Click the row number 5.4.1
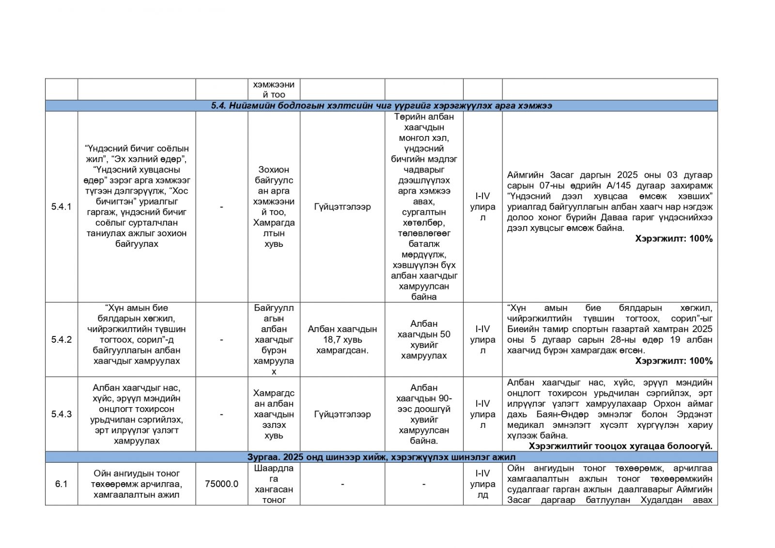tap(61, 207)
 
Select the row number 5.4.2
tap(61, 339)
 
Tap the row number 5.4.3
tap(61, 414)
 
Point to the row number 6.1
tap(61, 484)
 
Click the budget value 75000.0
tap(221, 484)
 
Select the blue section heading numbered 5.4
tap(381, 106)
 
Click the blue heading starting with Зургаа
tap(381, 457)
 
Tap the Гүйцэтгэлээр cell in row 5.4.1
tap(342, 207)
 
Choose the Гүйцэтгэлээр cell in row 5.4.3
tap(342, 414)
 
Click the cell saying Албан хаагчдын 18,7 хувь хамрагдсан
tap(342, 339)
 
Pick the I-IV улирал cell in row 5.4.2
tap(482, 339)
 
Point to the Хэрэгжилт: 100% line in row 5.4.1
tap(674, 239)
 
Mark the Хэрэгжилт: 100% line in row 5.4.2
tap(674, 361)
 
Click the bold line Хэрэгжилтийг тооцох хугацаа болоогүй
tap(620, 446)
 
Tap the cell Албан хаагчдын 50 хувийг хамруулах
tap(424, 339)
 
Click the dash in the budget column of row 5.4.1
tap(221, 207)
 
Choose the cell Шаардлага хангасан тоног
tap(274, 484)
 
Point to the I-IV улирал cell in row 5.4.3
tap(482, 414)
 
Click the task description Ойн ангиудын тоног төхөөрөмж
tap(137, 484)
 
